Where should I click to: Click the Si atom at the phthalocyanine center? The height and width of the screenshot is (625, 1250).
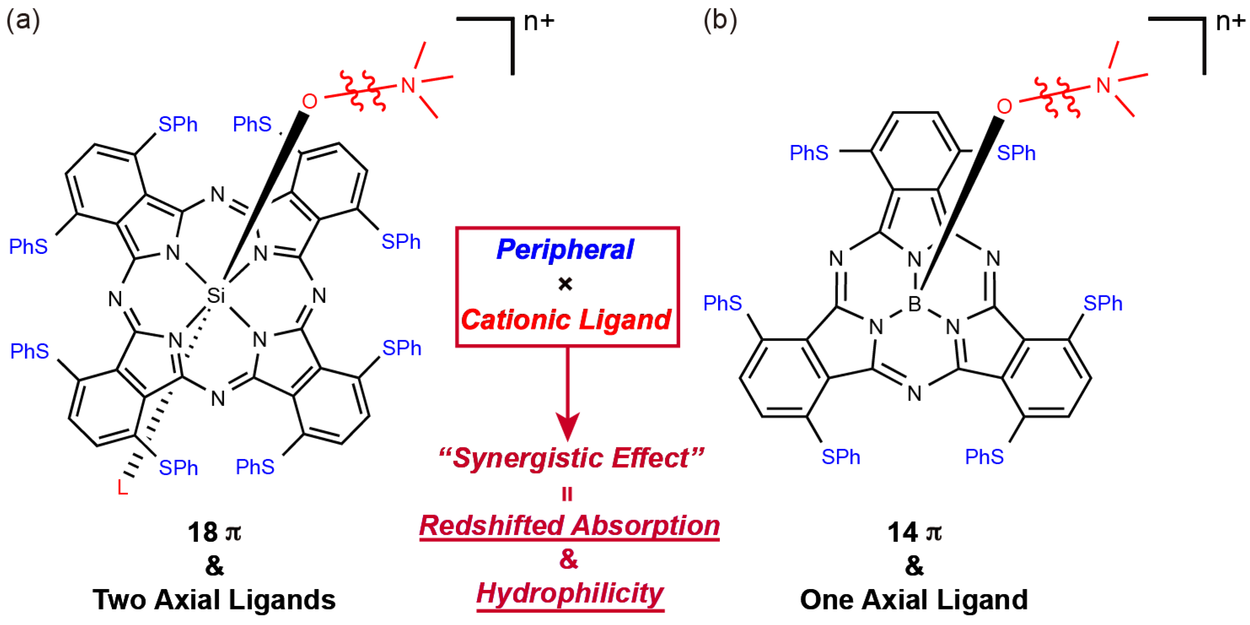tap(216, 295)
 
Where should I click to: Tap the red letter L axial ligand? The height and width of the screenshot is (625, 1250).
tap(122, 487)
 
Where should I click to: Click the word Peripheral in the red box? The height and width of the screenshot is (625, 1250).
tap(565, 250)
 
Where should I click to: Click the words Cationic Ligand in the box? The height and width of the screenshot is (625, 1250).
tap(566, 319)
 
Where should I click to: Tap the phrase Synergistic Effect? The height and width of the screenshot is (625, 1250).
tap(571, 458)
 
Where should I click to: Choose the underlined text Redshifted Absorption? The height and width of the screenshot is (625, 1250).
tap(569, 526)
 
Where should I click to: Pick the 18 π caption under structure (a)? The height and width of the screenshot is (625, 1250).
tap(214, 532)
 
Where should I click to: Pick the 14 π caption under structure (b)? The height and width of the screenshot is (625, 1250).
tap(914, 532)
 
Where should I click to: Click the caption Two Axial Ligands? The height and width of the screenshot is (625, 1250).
tap(214, 600)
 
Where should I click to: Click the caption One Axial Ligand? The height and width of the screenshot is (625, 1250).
tap(914, 600)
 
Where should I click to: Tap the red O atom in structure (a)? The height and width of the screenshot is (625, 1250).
tap(309, 101)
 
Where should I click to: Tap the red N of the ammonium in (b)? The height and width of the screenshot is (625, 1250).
tap(1104, 85)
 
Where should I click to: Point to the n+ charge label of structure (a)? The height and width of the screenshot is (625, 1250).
tap(539, 22)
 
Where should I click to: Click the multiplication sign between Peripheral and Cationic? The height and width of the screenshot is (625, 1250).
tap(565, 284)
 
